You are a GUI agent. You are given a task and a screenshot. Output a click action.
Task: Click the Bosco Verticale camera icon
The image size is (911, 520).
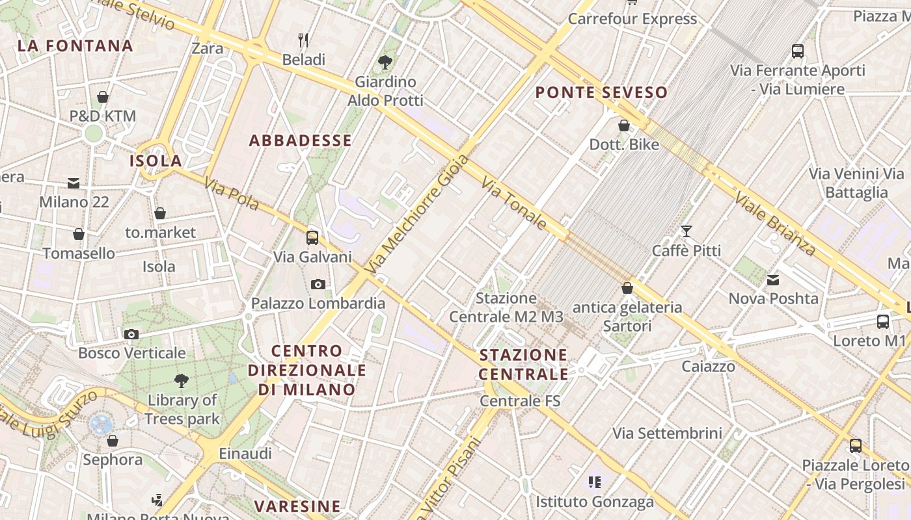[x=131, y=334]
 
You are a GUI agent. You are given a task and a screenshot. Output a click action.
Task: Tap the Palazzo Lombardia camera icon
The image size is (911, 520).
[x=318, y=284]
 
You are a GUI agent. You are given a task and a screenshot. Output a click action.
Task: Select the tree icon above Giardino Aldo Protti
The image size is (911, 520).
[x=385, y=62]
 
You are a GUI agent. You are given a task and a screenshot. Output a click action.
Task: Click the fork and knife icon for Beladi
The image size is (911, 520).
[x=303, y=40]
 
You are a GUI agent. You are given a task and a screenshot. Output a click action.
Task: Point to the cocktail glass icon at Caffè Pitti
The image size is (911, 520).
[x=686, y=231]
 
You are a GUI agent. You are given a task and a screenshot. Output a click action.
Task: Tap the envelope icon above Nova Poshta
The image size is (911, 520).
[x=773, y=280]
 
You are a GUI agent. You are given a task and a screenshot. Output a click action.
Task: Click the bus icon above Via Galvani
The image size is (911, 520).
[x=312, y=237]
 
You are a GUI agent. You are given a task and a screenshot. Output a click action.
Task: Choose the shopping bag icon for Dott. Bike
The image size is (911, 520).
[x=624, y=125]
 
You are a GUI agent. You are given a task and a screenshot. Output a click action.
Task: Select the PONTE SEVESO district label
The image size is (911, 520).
[x=601, y=92]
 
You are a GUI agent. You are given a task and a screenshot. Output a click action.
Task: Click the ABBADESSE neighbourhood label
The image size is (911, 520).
[x=301, y=140]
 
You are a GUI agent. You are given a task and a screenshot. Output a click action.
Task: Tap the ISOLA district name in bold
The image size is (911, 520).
[x=156, y=161]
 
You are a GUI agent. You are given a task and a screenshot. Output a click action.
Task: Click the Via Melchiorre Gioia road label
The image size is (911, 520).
[x=417, y=214]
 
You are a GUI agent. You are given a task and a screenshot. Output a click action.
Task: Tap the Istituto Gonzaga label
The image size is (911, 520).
[x=595, y=502]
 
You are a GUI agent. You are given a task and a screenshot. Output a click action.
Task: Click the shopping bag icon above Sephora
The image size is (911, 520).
[x=113, y=441]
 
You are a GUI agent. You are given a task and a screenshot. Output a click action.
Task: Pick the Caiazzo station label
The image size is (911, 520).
[x=709, y=367]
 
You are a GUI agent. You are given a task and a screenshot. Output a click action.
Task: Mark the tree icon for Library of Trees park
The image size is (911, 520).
[x=182, y=380]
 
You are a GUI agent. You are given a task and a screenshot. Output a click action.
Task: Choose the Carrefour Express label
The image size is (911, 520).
[x=632, y=19]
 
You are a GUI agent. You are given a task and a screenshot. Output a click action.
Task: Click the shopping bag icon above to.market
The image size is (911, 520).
[x=160, y=213]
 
